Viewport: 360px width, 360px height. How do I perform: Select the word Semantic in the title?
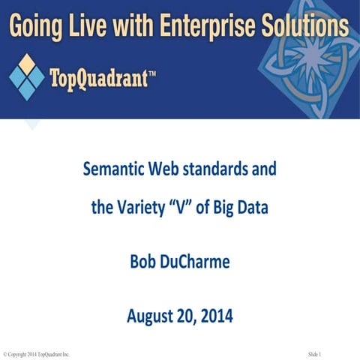point(113,169)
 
